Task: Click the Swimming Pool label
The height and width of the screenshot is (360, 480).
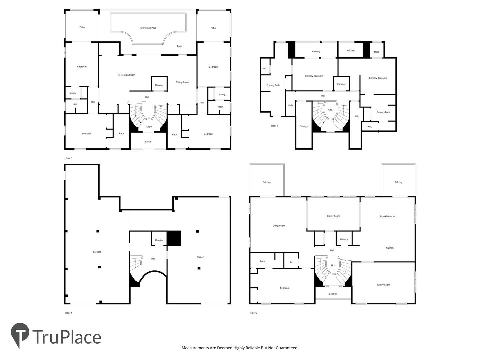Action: coord(148,28)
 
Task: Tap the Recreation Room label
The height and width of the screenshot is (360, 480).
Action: coord(126,75)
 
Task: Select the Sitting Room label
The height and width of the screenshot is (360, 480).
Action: coord(182,82)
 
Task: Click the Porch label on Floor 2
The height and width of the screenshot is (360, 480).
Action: coord(148,142)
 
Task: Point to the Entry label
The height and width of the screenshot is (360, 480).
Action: coord(149,127)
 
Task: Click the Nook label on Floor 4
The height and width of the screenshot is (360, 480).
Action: coord(377,52)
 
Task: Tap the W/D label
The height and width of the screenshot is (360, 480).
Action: coord(290,105)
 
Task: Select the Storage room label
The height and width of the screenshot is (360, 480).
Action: coord(304,126)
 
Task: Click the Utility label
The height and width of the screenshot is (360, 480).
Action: coord(356,116)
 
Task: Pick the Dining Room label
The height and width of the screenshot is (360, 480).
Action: coord(333,216)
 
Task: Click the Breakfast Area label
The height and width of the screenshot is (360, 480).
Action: coord(387,216)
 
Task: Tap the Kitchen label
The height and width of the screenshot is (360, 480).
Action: coord(390,248)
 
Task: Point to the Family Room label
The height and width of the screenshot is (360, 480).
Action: coord(383,285)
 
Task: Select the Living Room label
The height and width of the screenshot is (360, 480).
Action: coord(279,226)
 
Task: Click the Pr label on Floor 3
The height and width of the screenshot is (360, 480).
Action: coord(291,262)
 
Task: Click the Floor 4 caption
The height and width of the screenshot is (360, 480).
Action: coord(274,126)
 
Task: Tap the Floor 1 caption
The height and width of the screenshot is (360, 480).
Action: coord(68,313)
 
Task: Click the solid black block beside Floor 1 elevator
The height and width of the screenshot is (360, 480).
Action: coord(174,238)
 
